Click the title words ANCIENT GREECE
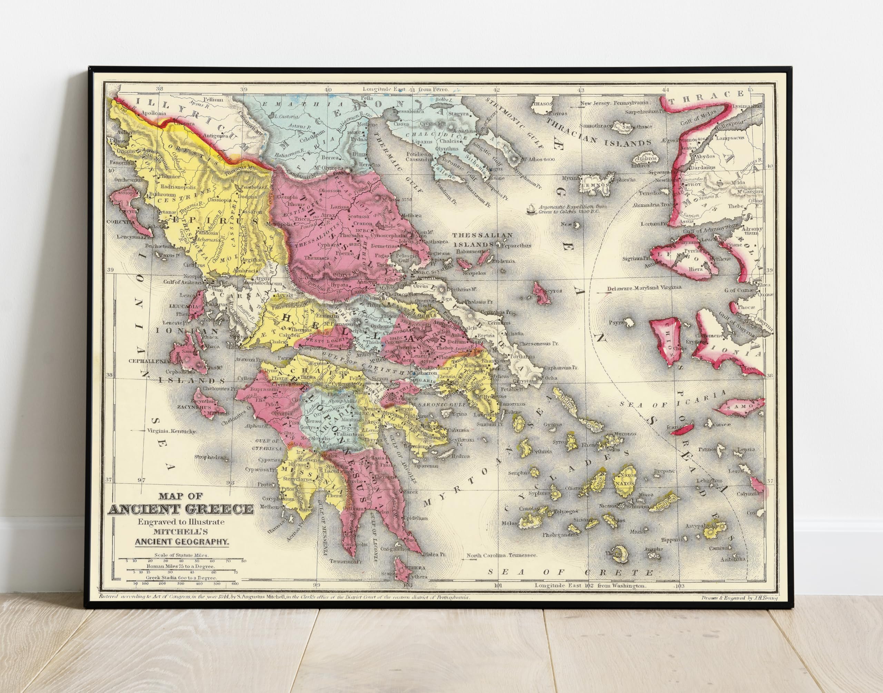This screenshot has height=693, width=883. (181, 509)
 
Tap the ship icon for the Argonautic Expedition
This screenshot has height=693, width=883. (530, 209)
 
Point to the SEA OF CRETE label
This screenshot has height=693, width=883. (570, 572)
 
